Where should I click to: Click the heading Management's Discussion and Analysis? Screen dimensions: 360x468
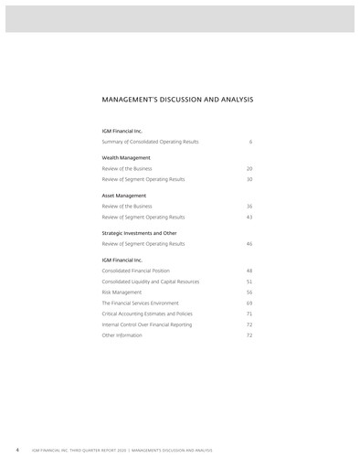(x=177, y=99)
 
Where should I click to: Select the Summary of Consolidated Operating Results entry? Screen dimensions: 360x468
(x=150, y=142)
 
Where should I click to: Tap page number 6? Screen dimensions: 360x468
(x=250, y=142)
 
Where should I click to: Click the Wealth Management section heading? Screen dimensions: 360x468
(x=125, y=158)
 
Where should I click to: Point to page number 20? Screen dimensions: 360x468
(x=249, y=169)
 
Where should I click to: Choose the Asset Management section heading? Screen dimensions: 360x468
(x=123, y=196)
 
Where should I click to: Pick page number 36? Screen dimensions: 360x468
(x=249, y=207)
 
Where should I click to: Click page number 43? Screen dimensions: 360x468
(x=249, y=218)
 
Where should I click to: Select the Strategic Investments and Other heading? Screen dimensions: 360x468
(x=139, y=233)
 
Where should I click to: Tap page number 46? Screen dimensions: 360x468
(x=249, y=244)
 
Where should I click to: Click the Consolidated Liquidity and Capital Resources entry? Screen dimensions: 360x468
(x=150, y=282)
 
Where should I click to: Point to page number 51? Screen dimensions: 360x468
(x=249, y=282)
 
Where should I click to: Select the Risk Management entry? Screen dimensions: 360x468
(x=121, y=292)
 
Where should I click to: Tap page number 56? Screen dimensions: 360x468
(x=249, y=292)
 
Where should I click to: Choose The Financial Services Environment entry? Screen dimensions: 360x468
(x=140, y=303)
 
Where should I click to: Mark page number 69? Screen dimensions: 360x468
(x=249, y=303)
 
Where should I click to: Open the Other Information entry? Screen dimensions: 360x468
(x=122, y=335)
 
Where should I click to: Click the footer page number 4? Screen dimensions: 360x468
(x=17, y=451)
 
